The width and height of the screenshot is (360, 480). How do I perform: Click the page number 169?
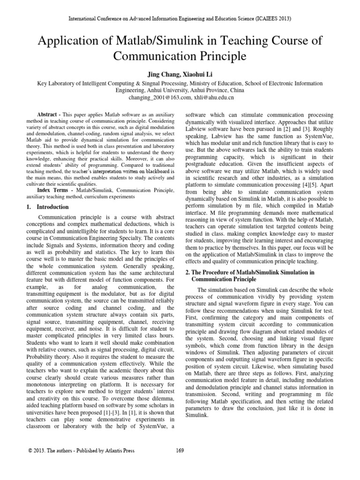click(180, 451)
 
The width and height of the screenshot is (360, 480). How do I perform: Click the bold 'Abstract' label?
click(48, 115)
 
